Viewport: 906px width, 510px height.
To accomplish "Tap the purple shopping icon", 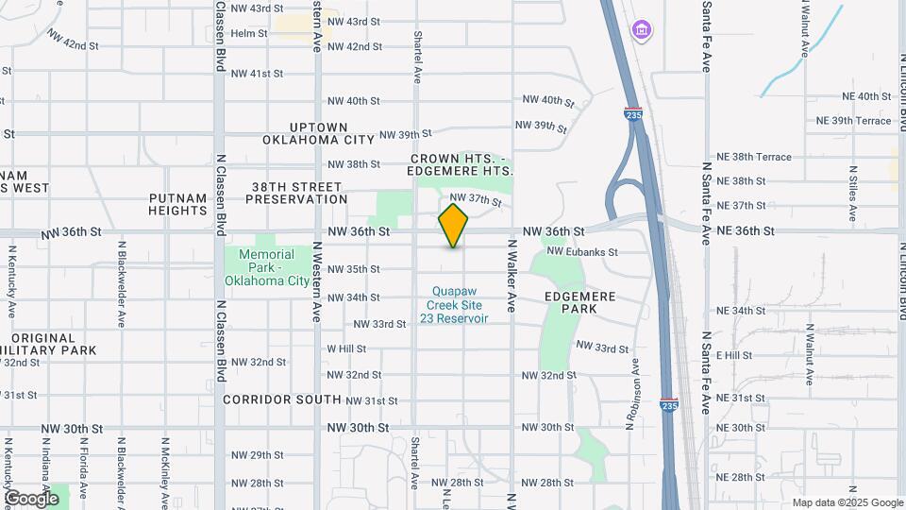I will click(642, 30).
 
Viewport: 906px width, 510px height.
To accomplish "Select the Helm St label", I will click(249, 33).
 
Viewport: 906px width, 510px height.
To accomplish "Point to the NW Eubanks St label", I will click(582, 252).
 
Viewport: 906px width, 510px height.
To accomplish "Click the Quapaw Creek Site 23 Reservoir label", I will click(460, 305).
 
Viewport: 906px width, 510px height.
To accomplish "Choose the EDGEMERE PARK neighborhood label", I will click(580, 302).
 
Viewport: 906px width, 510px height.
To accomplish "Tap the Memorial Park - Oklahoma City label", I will click(273, 267).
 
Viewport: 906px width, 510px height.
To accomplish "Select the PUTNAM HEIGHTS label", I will click(177, 204).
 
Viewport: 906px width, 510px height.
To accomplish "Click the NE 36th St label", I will click(745, 230).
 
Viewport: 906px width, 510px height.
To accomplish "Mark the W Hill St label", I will click(346, 348).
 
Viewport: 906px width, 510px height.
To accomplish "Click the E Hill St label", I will click(734, 355).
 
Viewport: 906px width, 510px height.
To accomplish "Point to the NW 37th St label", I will click(475, 199).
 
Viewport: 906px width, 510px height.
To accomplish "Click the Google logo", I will click(31, 499).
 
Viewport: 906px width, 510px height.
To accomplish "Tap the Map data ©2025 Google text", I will click(847, 502).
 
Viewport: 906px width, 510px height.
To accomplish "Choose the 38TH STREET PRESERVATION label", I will click(296, 193).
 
